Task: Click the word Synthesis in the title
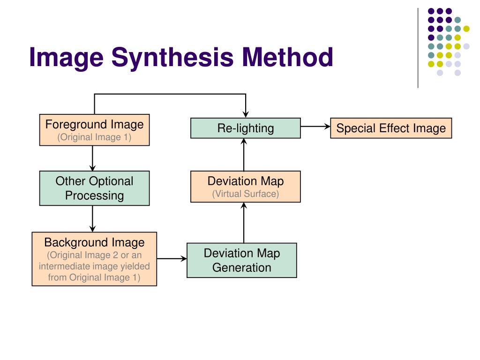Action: [x=172, y=58]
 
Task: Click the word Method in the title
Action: [x=287, y=58]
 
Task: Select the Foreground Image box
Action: [x=94, y=130]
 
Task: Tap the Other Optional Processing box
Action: [x=94, y=188]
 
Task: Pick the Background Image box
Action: [x=94, y=259]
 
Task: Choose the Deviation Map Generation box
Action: [x=241, y=260]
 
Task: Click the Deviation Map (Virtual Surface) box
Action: [x=245, y=187]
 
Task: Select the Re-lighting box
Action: [x=245, y=128]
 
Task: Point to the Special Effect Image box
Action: [x=391, y=128]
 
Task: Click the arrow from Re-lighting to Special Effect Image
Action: [x=315, y=126]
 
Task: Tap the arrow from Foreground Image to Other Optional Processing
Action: [x=92, y=158]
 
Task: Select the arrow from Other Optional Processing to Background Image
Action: [x=92, y=218]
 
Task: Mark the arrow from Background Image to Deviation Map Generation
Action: [x=172, y=258]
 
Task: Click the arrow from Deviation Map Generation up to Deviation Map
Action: [x=244, y=223]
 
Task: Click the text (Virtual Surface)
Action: [x=245, y=194]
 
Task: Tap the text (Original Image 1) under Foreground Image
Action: [x=94, y=137]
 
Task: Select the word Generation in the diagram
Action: [x=241, y=268]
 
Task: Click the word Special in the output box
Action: [x=353, y=128]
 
